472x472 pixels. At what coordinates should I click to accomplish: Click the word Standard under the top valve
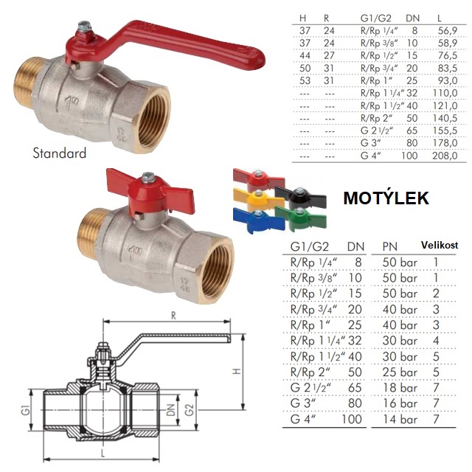[x=59, y=153]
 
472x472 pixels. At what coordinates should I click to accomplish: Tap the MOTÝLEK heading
[x=386, y=198]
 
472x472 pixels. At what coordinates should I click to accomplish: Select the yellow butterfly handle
[x=258, y=198]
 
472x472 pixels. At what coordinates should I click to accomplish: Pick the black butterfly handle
[x=300, y=197]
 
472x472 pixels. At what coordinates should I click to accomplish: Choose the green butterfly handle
[x=301, y=218]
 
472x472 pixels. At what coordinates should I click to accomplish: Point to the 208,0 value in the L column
[x=445, y=156]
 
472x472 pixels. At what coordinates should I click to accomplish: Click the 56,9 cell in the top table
[x=448, y=30]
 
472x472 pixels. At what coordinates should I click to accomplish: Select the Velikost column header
[x=440, y=245]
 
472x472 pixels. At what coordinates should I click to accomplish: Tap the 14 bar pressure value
[x=400, y=419]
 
